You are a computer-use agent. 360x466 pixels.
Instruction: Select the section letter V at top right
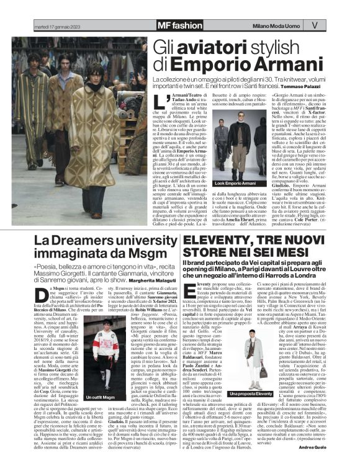tap(314, 25)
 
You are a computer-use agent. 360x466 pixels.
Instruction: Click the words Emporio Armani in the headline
tap(223, 63)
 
